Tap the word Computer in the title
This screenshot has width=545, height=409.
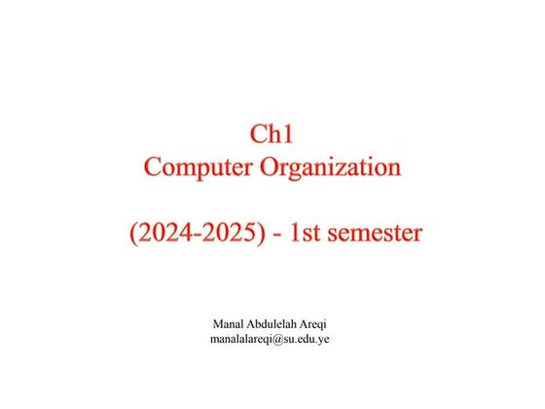(x=198, y=167)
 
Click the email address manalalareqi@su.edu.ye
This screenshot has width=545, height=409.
(x=272, y=340)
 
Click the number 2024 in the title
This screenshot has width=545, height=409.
(x=163, y=235)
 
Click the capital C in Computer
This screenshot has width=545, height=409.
(x=153, y=167)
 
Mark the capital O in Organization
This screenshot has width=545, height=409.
(x=270, y=167)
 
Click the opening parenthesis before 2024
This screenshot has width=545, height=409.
(x=133, y=235)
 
